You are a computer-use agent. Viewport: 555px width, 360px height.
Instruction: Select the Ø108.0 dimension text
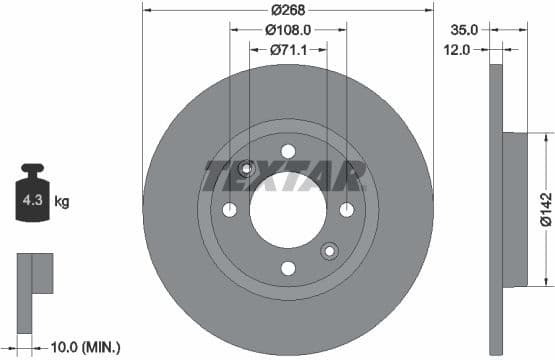coord(289,30)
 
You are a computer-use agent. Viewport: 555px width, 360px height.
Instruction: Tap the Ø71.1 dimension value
coord(289,49)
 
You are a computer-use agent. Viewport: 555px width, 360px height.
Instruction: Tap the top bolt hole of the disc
coord(288,152)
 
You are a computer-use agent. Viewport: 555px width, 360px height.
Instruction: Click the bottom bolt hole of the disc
coord(288,268)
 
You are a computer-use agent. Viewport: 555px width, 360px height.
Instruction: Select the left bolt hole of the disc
coord(229,210)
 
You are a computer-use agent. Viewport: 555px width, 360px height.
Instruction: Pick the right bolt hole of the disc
coord(347,210)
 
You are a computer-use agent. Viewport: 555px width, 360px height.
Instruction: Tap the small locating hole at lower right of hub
coord(329,251)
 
